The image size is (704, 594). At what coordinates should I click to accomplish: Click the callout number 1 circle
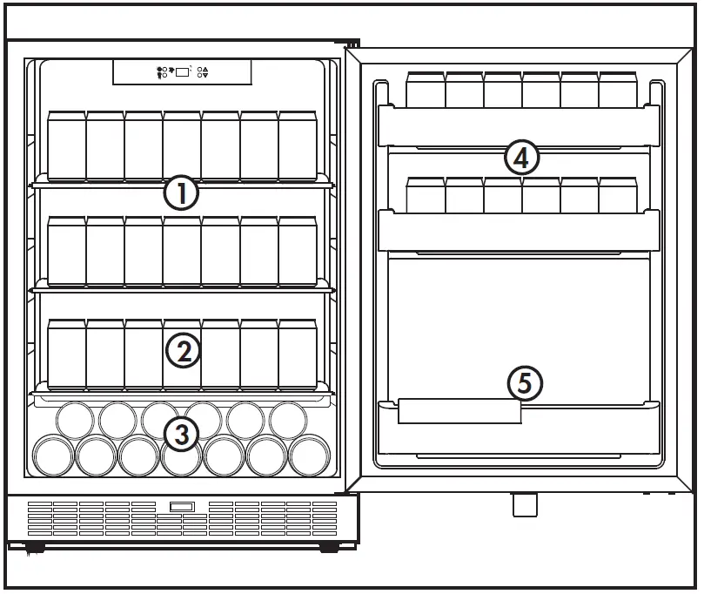click(182, 192)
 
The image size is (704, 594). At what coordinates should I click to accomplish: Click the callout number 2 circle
click(183, 351)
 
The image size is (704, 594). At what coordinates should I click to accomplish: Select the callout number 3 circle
click(181, 434)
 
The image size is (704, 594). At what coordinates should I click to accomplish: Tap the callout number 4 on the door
click(521, 158)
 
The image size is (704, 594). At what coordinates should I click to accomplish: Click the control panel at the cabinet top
click(182, 72)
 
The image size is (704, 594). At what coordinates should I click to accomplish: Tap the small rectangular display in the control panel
click(183, 72)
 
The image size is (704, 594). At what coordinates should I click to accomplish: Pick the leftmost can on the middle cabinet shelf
click(66, 250)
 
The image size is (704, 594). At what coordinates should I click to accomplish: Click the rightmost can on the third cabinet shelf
click(298, 353)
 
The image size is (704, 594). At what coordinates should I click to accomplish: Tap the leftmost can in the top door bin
click(426, 91)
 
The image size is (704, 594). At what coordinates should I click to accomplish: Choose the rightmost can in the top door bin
click(618, 91)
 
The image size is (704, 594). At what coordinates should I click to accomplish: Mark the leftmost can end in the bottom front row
click(52, 455)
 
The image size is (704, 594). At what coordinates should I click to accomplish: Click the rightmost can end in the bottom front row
click(308, 455)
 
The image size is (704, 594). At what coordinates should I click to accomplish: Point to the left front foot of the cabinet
click(35, 548)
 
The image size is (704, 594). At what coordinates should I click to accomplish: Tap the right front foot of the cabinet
click(329, 548)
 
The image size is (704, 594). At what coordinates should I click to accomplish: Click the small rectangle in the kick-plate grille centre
click(182, 507)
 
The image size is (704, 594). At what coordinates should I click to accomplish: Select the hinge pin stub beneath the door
click(525, 504)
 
